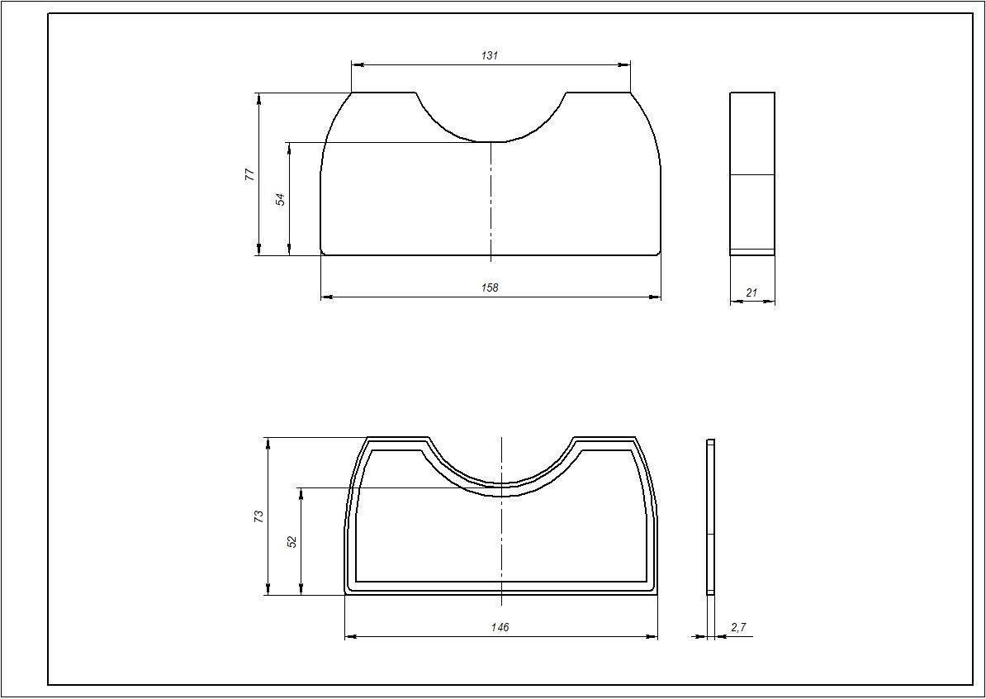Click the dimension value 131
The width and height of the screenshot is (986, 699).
(x=490, y=55)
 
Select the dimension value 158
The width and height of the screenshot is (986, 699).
(x=490, y=288)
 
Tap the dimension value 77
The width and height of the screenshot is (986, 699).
(x=249, y=174)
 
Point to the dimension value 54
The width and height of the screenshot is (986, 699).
(x=280, y=199)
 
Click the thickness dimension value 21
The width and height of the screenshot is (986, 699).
(x=751, y=292)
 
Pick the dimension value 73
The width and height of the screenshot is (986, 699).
(x=258, y=516)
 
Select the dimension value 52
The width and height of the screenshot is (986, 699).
(x=292, y=541)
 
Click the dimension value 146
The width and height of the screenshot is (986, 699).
(x=500, y=627)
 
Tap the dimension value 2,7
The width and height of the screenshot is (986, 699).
(x=738, y=627)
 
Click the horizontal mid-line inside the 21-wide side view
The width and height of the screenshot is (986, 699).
(x=751, y=174)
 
